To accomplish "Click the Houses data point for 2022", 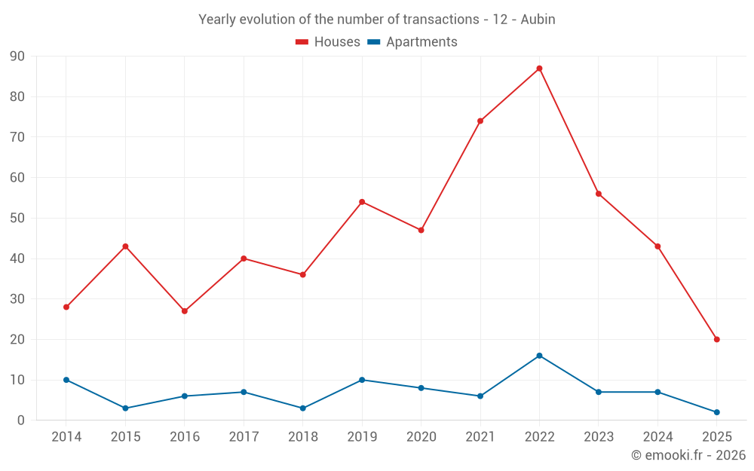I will pos(539,69).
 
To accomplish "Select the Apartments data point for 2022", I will pos(539,356).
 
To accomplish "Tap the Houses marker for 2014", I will pos(66,307).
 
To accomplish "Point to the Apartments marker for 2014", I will pos(66,380).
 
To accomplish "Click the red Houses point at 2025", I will pos(716,339).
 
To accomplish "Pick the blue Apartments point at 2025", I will pos(716,412).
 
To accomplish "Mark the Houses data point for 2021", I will pos(480,121).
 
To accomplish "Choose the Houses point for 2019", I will pos(362,202).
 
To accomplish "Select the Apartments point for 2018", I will pos(303,408).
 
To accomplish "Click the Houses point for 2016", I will pos(185,311).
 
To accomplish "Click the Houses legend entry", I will pos(328,42).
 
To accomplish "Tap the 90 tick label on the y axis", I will pos(17,57).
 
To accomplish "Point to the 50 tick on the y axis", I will pos(17,219).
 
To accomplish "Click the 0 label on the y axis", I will pos(21,421).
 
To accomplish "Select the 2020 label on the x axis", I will pos(421,437).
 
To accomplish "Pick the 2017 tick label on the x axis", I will pos(244,437).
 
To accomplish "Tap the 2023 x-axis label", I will pos(599,437).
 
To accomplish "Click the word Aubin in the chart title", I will pos(538,20).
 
